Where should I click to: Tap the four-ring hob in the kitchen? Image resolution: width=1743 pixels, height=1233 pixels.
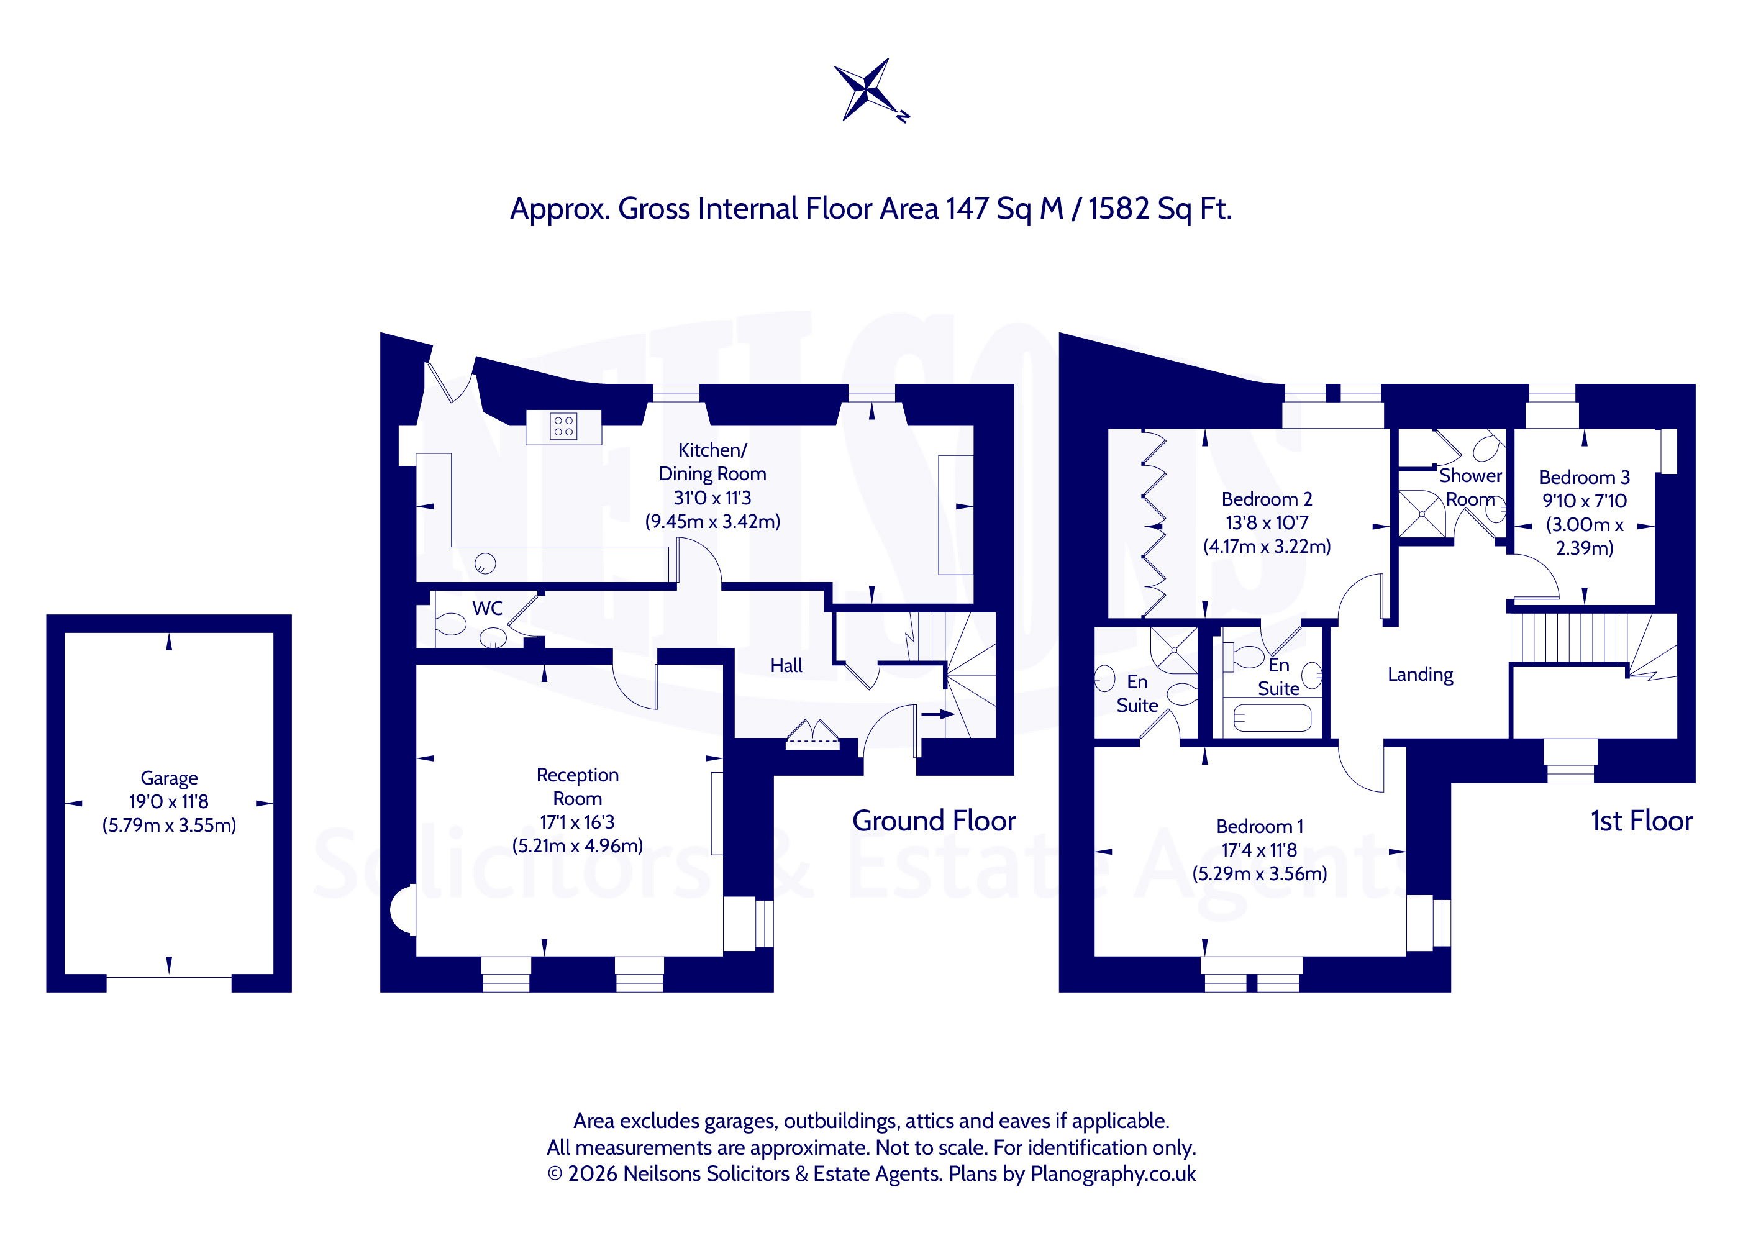click(563, 426)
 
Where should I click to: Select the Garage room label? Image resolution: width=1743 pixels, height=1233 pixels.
click(170, 778)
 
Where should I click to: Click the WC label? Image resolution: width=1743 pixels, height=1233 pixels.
click(488, 608)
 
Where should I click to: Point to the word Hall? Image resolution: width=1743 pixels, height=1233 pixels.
click(786, 666)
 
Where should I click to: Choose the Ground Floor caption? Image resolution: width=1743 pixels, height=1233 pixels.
click(934, 821)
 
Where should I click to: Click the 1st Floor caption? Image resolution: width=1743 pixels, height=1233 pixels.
click(1642, 821)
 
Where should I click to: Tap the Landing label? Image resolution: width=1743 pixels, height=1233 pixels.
click(1421, 675)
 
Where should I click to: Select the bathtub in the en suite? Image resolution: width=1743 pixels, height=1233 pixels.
click(1272, 717)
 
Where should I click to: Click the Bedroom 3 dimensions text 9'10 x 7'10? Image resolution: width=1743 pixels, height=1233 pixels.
click(1585, 501)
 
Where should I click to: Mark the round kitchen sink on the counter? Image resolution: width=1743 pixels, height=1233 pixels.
click(485, 563)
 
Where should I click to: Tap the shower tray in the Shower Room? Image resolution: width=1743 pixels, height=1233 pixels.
click(1422, 514)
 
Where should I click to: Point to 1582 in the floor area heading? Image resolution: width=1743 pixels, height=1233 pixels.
click(1118, 209)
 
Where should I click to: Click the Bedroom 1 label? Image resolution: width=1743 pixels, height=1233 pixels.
click(1260, 826)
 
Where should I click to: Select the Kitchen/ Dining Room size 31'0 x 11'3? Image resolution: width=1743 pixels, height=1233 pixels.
click(713, 498)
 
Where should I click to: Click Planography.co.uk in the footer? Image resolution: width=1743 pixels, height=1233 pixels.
click(1113, 1174)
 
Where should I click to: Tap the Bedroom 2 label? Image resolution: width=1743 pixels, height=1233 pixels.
click(1267, 499)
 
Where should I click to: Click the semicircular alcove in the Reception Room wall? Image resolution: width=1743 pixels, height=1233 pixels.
click(403, 909)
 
